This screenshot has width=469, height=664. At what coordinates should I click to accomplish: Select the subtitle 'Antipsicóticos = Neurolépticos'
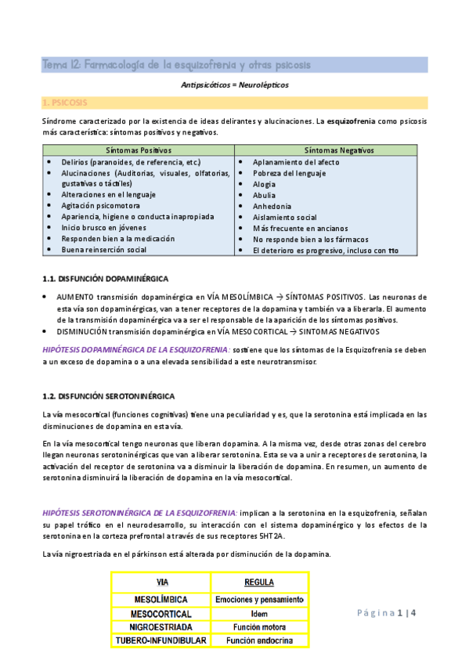tap(234, 85)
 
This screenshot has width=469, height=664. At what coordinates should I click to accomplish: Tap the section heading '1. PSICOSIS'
tap(66, 103)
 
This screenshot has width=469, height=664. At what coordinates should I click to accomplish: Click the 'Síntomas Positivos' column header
tap(138, 150)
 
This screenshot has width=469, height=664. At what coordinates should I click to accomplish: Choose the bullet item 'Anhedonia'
tap(272, 206)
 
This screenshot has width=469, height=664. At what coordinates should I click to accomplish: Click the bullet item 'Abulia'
tap(264, 195)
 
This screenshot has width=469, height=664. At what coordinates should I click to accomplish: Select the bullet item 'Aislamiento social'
tap(284, 217)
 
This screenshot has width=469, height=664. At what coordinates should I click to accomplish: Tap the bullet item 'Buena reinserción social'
tap(104, 249)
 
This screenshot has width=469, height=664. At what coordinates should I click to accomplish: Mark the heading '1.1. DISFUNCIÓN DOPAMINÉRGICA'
tap(104, 279)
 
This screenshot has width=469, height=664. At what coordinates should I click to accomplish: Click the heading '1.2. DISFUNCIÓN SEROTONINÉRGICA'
tap(108, 396)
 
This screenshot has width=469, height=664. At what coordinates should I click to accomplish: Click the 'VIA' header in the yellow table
tap(162, 583)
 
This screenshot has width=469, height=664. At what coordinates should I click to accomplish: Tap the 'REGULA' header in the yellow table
tap(259, 583)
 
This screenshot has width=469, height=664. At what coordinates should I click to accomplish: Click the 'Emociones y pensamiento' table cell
tap(259, 599)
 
